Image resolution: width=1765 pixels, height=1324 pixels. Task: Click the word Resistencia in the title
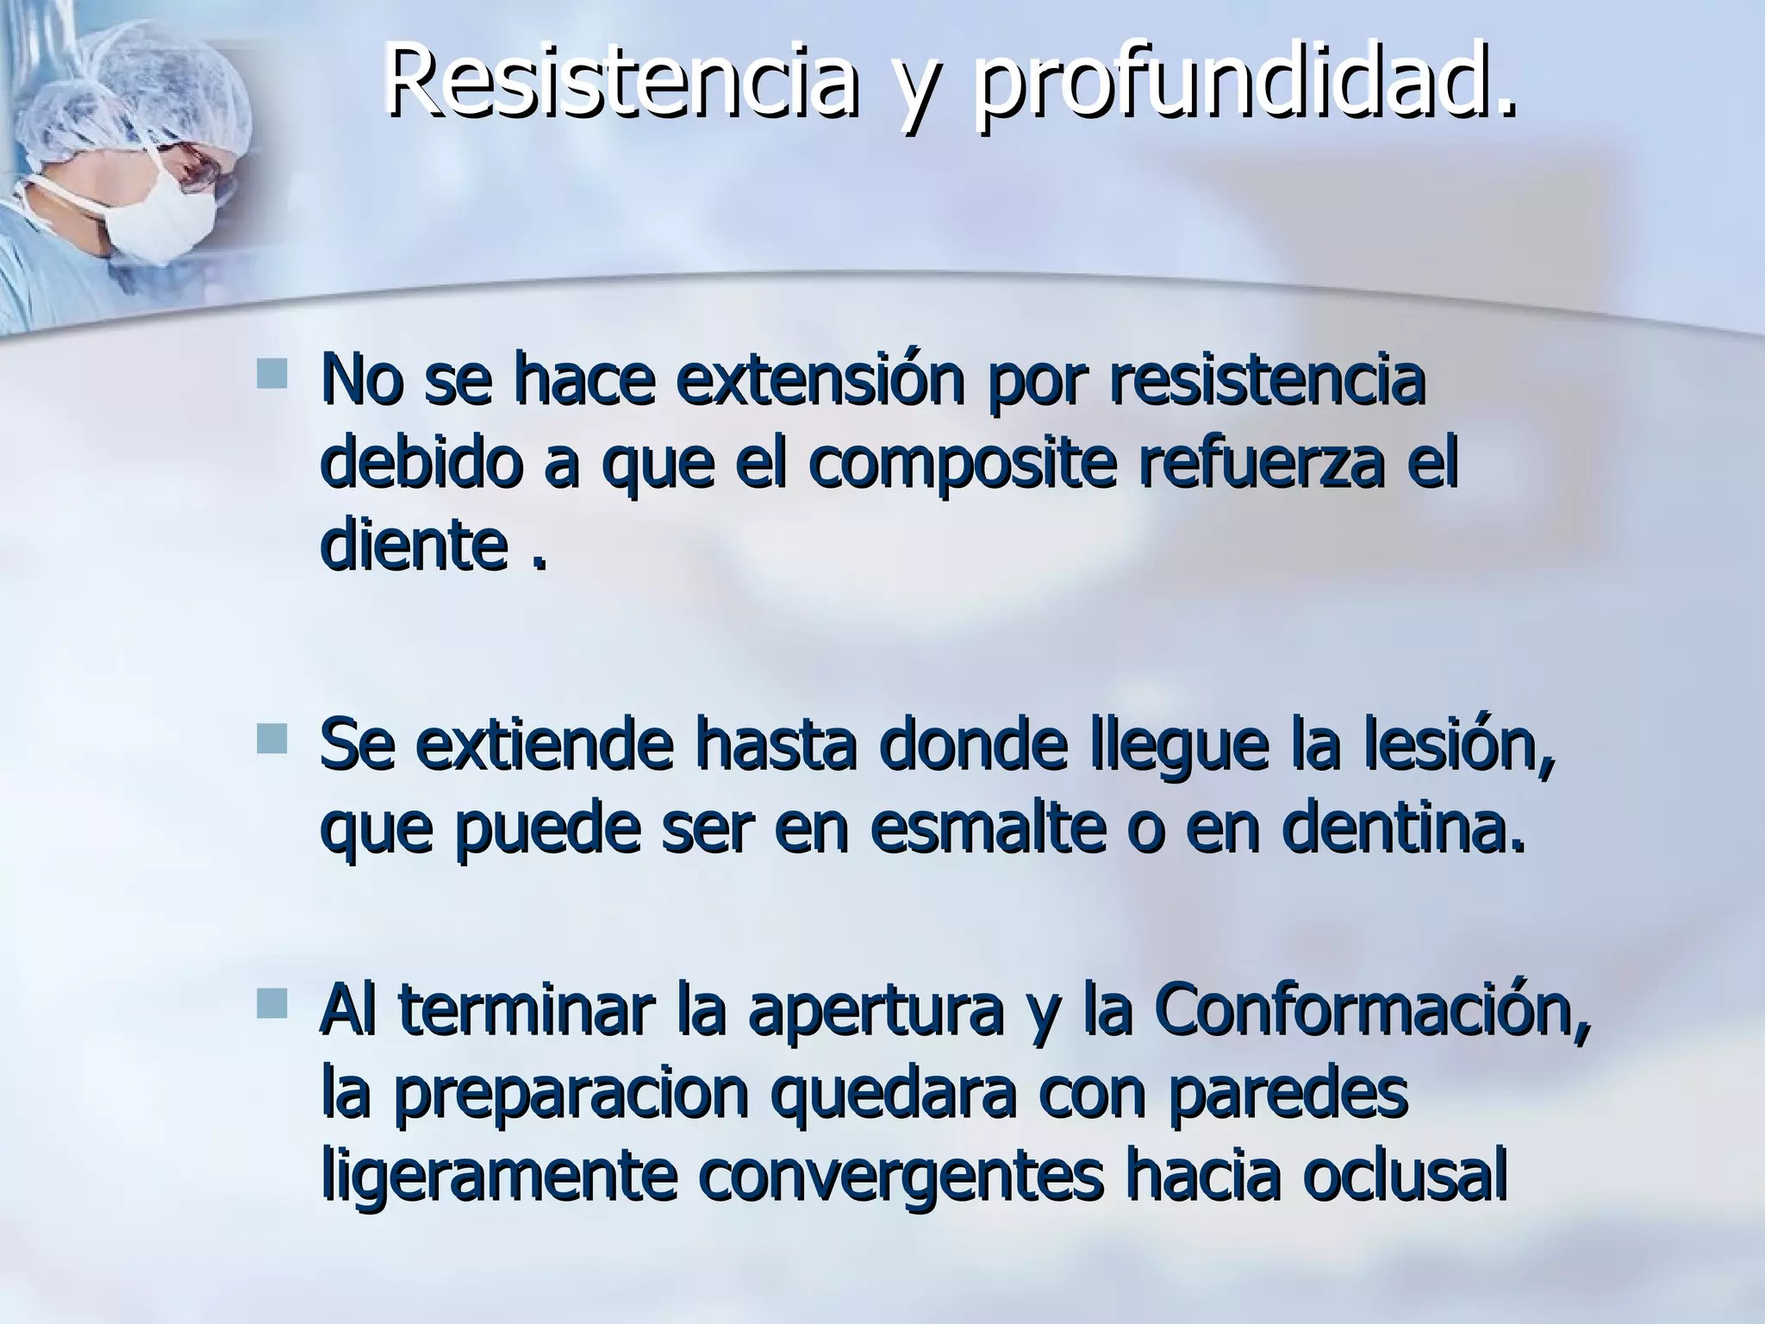[x=621, y=82]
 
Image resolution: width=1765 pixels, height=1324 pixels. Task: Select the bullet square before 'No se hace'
[x=271, y=372]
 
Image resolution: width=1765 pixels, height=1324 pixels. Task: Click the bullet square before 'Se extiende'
[x=271, y=739]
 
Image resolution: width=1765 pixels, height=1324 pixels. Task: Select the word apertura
[x=875, y=1013]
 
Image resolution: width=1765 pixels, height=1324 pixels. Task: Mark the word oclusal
[x=1405, y=1177]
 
